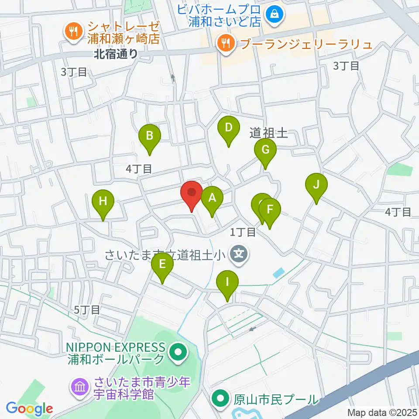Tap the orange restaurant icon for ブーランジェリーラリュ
click(x=225, y=43)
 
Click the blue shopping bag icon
click(x=276, y=14)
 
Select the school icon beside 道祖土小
click(x=239, y=252)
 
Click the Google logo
click(x=30, y=409)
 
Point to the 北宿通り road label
click(x=115, y=54)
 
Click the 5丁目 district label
click(x=87, y=310)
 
